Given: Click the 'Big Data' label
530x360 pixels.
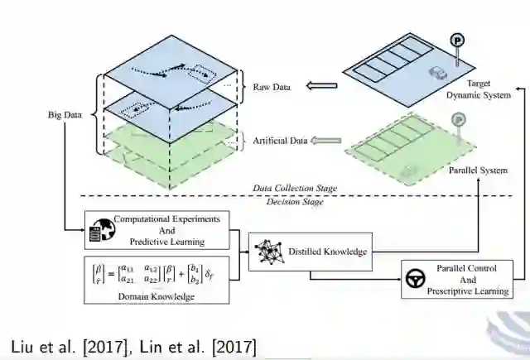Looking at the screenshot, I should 65,116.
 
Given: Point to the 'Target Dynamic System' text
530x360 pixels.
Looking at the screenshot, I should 479,89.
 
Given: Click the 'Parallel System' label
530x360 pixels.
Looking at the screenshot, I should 476,170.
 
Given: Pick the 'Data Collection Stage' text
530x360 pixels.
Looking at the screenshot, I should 295,188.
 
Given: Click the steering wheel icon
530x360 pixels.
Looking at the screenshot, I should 416,279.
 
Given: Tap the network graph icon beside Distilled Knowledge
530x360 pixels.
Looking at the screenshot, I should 267,251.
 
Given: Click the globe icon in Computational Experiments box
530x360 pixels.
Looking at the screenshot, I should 99,229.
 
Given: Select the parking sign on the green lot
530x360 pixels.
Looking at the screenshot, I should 456,121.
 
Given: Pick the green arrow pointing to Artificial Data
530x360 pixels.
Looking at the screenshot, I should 327,141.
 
